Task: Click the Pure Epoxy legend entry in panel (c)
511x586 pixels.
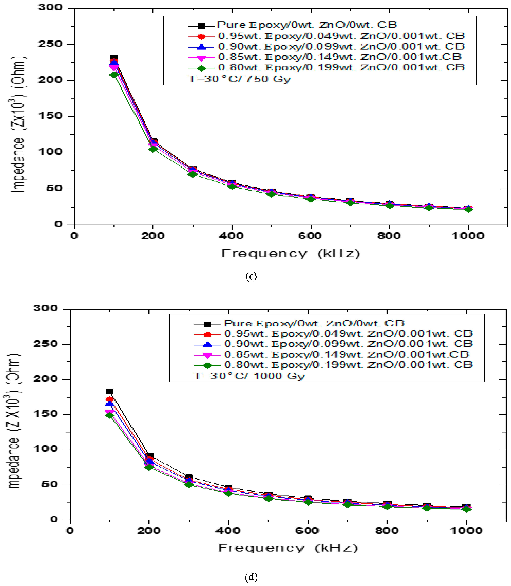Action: click(307, 25)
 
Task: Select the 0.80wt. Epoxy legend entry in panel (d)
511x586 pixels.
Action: click(348, 365)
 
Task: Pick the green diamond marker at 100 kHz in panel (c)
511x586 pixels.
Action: click(114, 75)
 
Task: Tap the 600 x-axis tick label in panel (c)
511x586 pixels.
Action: click(310, 236)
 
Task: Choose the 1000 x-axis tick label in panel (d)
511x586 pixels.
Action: click(466, 531)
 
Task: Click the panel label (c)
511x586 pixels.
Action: click(251, 276)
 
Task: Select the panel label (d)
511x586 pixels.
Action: click(251, 577)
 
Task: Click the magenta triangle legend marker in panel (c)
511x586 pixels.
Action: click(201, 58)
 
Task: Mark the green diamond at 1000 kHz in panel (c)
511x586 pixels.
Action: click(468, 209)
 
